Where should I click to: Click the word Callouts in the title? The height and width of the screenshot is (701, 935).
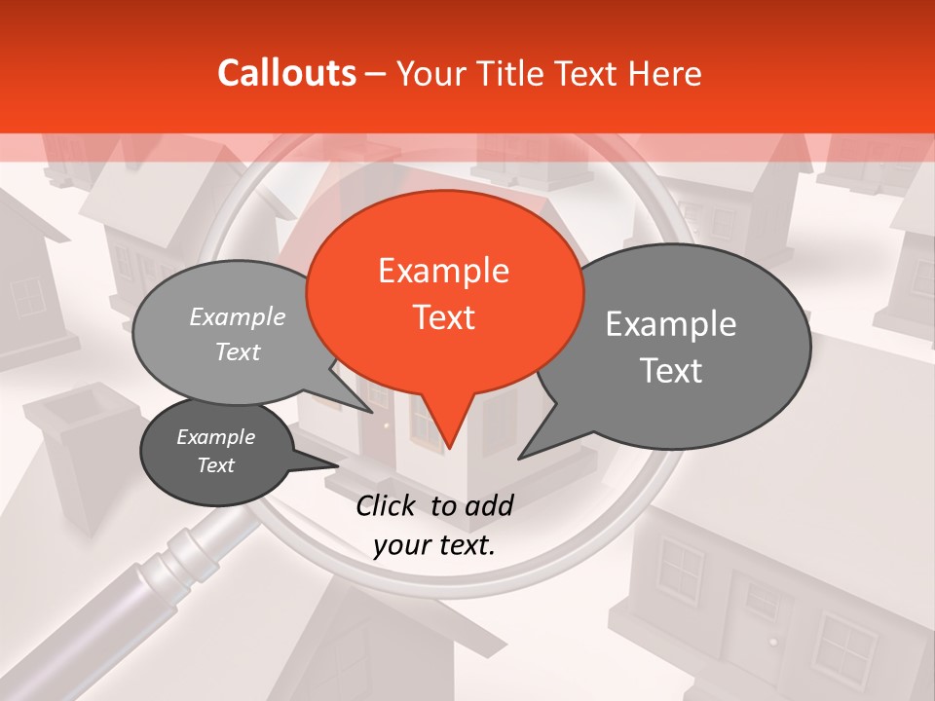(286, 73)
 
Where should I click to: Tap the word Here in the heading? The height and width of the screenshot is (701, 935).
(665, 73)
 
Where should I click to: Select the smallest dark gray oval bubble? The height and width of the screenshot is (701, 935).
(215, 451)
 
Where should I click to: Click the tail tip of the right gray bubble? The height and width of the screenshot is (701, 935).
(519, 457)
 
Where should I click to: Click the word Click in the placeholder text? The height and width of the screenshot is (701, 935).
(387, 505)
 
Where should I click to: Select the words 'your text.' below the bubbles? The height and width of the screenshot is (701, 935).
(434, 545)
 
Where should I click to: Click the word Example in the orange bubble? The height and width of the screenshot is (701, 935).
(444, 270)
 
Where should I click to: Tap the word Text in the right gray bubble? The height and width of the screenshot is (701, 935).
(672, 370)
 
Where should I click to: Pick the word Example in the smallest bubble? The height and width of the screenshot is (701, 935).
(215, 437)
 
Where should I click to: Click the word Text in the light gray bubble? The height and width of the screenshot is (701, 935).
(238, 351)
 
